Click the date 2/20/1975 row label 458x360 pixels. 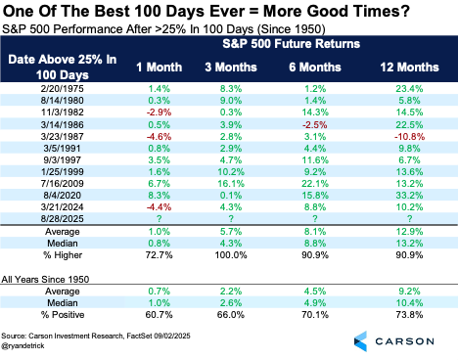coord(62,89)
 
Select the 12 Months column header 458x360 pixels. coord(409,67)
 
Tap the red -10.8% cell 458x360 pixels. coord(409,137)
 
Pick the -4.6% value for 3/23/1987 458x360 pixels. coord(159,137)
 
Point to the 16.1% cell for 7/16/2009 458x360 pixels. coord(231,184)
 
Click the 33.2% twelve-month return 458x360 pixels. coord(409,196)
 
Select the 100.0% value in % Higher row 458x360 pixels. coord(231,255)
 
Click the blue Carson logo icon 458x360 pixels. coord(360,341)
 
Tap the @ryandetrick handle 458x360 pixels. coord(23,345)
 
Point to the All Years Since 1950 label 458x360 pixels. coord(45,280)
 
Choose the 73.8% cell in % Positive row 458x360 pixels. coord(409,315)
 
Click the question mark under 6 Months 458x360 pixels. coord(315,218)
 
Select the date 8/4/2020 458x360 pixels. coord(62,196)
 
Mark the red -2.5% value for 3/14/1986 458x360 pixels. coord(315,125)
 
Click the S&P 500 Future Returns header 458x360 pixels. coord(292,44)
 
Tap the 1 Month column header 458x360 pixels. coord(159,67)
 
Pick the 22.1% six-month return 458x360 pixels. coord(315,184)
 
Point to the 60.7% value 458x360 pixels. coord(159,315)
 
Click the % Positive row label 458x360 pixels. coord(63,315)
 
